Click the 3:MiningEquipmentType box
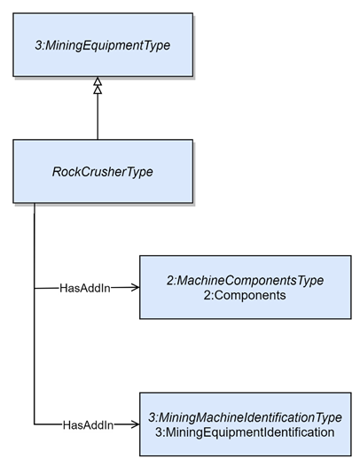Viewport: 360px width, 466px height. coord(103,45)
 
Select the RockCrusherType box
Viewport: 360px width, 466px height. coord(103,172)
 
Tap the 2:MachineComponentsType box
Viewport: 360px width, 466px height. coord(246,287)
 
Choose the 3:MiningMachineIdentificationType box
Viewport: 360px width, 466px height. coord(246,424)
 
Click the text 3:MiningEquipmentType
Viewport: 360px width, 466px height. coord(103,45)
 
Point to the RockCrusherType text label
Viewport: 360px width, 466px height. coord(103,172)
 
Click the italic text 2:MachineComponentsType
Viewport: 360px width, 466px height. coord(245,280)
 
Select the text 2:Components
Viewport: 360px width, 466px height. coord(245,295)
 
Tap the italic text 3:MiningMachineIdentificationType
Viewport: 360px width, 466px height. coord(245,417)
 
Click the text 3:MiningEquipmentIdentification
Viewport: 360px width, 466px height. coord(245,432)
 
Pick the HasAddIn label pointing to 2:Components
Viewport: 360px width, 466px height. coord(85,288)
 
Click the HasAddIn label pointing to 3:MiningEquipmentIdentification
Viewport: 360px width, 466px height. coord(88,425)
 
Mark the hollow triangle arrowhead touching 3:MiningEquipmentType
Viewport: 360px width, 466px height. coord(98,82)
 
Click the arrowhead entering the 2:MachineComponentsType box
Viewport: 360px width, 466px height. coord(136,287)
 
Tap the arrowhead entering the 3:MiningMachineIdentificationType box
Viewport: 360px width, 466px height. coord(136,424)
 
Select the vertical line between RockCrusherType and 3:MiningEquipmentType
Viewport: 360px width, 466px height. coord(98,117)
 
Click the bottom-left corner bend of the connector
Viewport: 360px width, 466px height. coord(35,424)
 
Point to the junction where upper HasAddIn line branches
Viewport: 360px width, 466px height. coord(35,288)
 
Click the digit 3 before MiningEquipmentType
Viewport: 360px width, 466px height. coord(39,45)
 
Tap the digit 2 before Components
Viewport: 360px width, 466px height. coord(207,295)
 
